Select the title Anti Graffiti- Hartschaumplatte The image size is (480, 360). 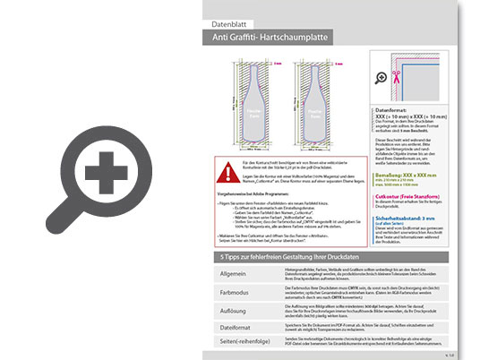[272, 39]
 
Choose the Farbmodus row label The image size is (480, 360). [231, 291]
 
